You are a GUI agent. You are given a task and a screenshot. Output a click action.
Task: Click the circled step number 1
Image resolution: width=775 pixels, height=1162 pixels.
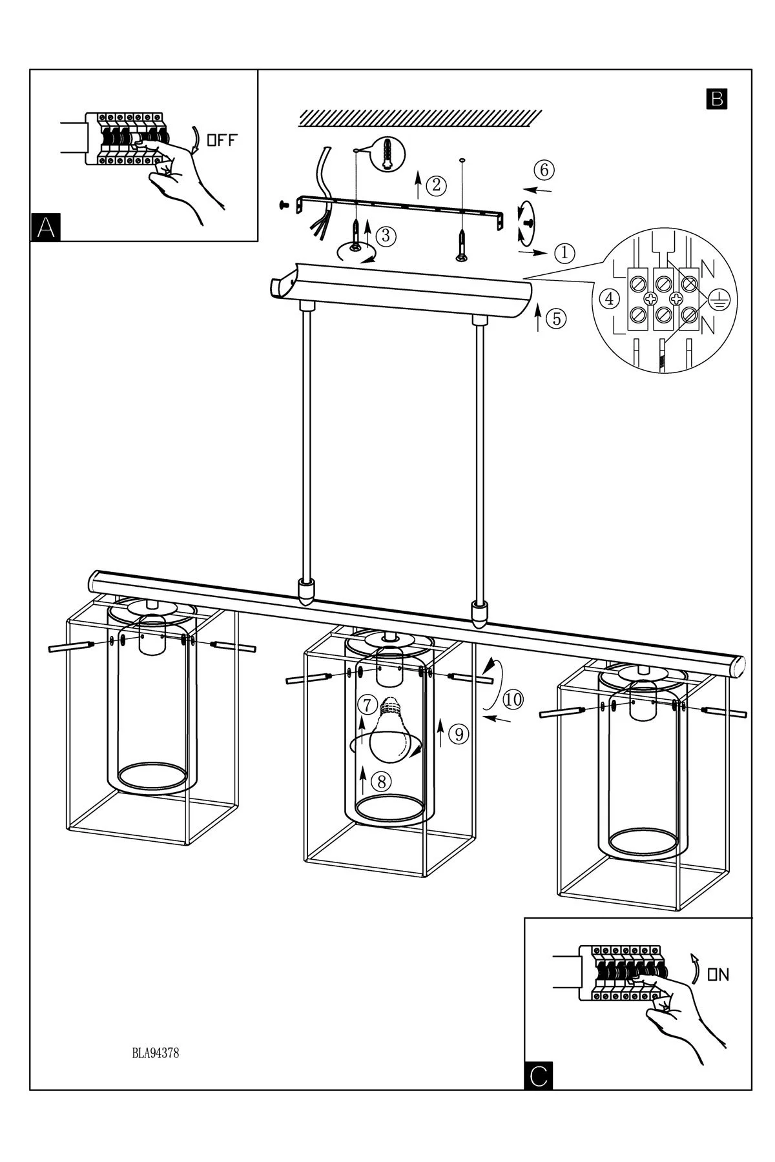pos(564,252)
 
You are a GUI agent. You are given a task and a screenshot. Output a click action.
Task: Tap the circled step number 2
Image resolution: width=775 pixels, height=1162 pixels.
pos(437,186)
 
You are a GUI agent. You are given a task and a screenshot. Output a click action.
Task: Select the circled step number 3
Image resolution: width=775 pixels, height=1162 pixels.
pos(386,236)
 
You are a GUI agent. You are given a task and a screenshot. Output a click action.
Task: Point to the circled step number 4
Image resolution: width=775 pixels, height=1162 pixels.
pos(608,298)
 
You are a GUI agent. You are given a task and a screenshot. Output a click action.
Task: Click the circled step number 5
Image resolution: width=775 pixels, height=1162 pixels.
pos(556,318)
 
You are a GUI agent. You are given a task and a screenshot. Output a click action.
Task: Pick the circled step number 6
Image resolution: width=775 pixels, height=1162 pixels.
pos(544,170)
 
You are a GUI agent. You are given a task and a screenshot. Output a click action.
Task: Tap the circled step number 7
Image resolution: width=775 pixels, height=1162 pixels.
pos(368,704)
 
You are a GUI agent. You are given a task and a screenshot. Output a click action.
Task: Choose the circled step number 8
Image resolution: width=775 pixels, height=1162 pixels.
pos(382,782)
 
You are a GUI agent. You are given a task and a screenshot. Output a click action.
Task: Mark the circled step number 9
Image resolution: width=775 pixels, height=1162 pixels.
pos(458,734)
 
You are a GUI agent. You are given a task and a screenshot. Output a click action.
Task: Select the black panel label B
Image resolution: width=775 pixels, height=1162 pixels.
pos(717,99)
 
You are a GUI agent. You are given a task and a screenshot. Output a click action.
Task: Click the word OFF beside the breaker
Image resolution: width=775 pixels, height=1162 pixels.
pos(221,140)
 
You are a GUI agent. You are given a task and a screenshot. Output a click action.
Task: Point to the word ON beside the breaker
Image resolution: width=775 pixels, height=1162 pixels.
pos(718,975)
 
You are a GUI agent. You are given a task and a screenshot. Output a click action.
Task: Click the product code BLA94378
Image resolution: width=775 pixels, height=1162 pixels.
pos(155,1053)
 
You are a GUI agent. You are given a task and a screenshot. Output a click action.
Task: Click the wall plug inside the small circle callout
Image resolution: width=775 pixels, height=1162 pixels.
pos(387,154)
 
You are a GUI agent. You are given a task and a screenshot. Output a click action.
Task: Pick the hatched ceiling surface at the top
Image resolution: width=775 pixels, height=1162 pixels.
pos(420,117)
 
